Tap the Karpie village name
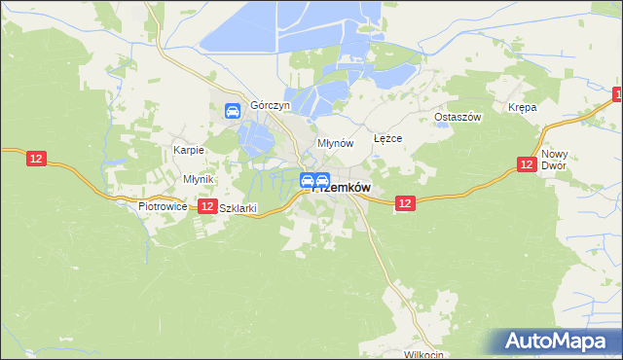188,150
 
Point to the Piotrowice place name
162,206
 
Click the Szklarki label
238,207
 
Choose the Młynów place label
335,143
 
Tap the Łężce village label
387,138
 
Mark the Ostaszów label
458,117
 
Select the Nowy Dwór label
555,160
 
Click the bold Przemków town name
345,188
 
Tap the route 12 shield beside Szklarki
206,206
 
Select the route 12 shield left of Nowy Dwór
526,165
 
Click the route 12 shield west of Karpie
36,158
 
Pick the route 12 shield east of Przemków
406,202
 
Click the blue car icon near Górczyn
234,111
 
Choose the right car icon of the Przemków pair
322,180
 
